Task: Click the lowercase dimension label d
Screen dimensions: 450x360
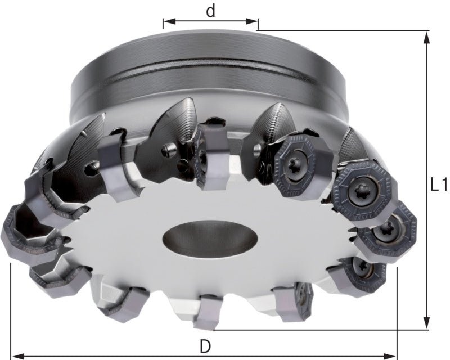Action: [210, 11]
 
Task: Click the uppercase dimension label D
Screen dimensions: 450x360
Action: [205, 346]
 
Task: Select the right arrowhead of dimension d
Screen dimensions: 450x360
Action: [252, 21]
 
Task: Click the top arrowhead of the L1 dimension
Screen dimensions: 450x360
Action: [427, 38]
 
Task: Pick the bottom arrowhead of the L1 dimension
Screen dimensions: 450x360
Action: [427, 323]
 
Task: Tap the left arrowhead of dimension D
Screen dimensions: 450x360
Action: [17, 356]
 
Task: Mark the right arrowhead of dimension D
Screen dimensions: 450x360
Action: [390, 356]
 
